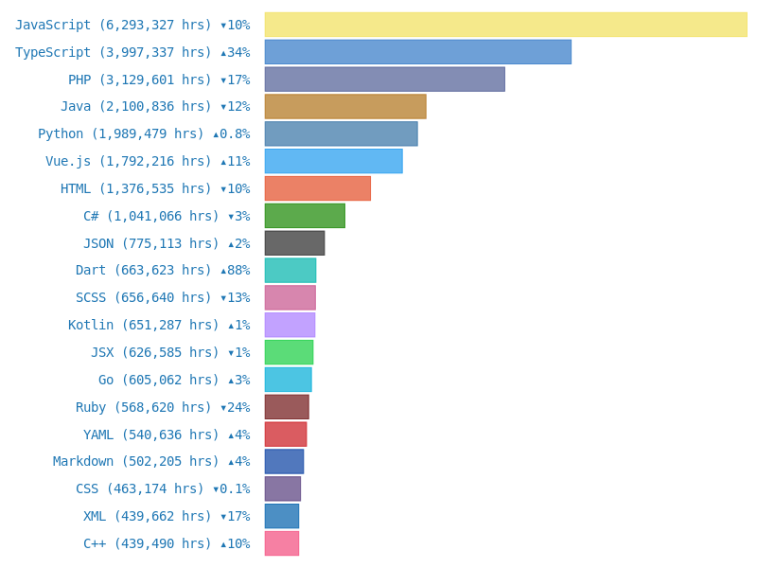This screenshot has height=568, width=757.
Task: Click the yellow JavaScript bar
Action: coord(505,25)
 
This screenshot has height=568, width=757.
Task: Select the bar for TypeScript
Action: coord(417,52)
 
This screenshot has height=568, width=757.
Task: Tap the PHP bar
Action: coord(384,80)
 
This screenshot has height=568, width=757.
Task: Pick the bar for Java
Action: coord(345,106)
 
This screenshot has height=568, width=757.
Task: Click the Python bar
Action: coord(341,133)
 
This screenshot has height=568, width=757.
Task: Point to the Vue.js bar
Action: coord(333,161)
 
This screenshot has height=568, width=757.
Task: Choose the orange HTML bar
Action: coord(317,188)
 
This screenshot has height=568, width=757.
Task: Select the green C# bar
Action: coord(305,216)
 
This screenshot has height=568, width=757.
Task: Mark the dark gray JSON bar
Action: coord(294,243)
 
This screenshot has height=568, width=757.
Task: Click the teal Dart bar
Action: coord(290,270)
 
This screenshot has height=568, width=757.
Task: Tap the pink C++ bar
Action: coord(281,543)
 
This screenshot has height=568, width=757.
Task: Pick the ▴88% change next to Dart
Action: coord(235,270)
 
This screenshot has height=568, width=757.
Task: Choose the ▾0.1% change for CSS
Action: coord(231,488)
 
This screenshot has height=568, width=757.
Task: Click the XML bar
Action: coord(281,516)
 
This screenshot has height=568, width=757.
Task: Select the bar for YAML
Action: coord(285,435)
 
